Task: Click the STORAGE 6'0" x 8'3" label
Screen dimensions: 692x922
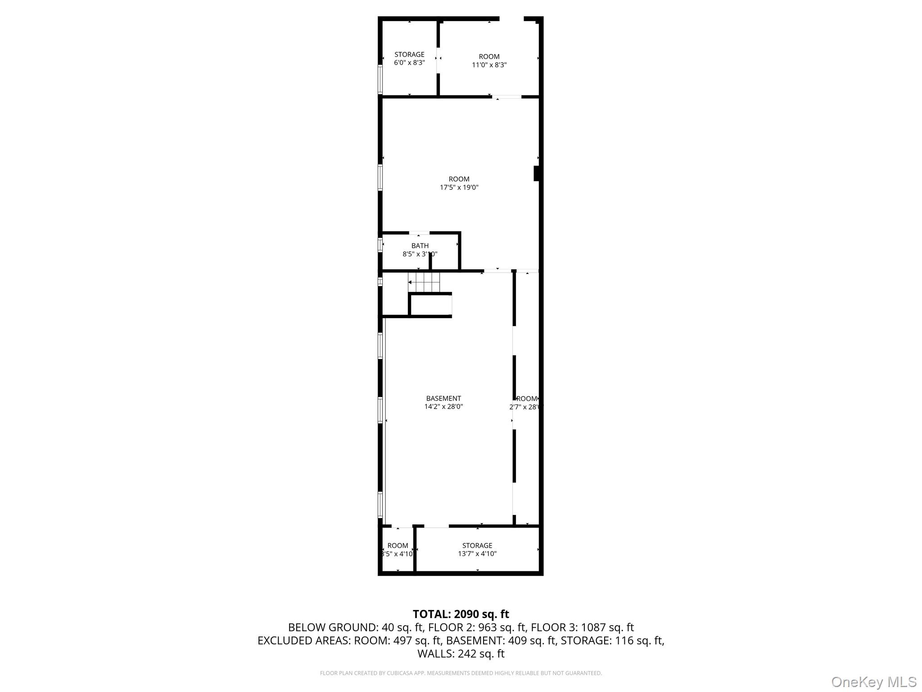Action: [409, 59]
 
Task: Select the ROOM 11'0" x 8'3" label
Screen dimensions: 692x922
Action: [489, 60]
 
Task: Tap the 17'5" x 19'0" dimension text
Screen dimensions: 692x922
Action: [459, 187]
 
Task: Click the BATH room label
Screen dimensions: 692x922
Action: [420, 246]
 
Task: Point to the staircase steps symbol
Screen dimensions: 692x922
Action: [424, 282]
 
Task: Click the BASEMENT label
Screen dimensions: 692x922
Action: [443, 398]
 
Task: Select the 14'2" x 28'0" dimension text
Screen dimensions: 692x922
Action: [443, 407]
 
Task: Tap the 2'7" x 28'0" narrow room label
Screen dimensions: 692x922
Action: [526, 403]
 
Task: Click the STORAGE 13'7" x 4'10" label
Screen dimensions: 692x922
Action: [477, 550]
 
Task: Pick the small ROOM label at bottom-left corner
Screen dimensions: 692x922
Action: [398, 546]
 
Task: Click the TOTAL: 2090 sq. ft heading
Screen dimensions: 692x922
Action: [461, 614]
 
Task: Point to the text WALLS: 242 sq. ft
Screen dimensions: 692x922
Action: [461, 654]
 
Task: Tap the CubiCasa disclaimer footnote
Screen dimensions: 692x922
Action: [461, 673]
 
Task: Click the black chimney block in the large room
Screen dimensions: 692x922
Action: [536, 173]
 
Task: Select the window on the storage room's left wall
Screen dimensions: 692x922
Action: [380, 80]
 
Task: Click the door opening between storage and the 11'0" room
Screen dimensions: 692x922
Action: [438, 58]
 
